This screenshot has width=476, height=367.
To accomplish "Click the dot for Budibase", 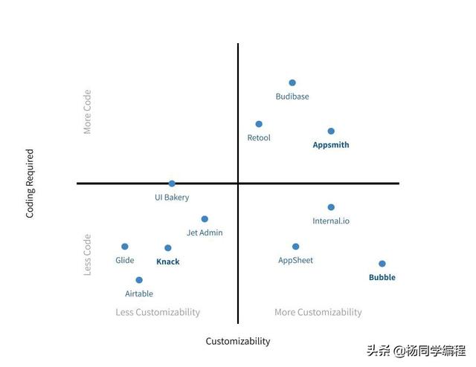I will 292,82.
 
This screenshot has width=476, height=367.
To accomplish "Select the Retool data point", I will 259,124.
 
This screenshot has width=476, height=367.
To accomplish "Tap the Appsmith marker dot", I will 331,131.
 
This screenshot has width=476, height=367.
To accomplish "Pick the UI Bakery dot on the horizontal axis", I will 172,183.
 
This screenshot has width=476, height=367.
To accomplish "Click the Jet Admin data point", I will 205,219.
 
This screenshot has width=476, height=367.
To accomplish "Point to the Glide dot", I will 125,247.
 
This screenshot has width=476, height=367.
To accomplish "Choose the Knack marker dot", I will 168,248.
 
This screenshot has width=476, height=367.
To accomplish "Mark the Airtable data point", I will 139,280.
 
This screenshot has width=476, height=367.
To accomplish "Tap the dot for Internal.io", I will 331,207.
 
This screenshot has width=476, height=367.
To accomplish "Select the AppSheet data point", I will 295,247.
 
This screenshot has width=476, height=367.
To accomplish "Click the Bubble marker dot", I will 382,264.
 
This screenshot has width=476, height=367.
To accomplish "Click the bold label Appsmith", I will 331,145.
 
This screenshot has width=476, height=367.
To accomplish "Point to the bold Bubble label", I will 382,278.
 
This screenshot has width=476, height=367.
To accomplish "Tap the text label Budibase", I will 292,97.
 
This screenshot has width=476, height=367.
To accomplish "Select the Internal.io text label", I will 331,221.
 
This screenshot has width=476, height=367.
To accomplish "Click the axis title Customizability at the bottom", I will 238,342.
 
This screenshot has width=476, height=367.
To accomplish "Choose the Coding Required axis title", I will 30,183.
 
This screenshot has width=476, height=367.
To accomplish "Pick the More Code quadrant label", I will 87,112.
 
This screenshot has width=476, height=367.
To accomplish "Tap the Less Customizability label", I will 158,313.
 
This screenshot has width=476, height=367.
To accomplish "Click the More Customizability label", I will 318,313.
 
